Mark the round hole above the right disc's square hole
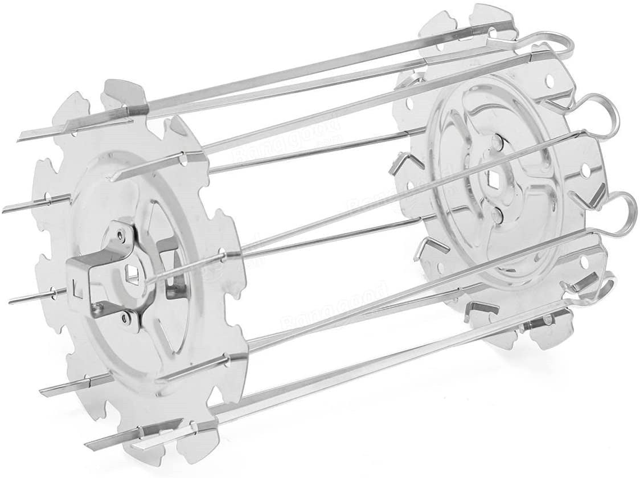[x=499, y=140]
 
